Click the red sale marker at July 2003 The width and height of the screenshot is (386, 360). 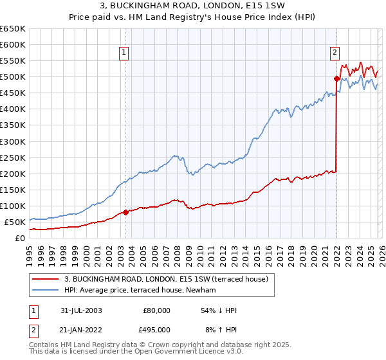tap(126, 212)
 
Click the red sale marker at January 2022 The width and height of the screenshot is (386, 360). tap(336, 78)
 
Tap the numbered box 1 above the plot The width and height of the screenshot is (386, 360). tap(123, 53)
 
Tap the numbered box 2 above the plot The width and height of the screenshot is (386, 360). tap(335, 53)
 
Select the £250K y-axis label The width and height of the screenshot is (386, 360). tap(13, 157)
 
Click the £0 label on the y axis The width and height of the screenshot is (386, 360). tap(19, 238)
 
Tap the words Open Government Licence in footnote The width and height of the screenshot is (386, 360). tap(166, 354)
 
